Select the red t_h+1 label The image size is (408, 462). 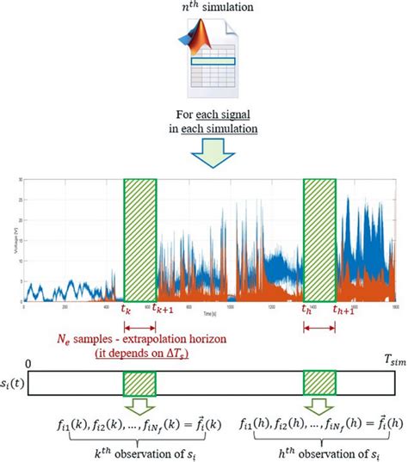pyautogui.click(x=344, y=310)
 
